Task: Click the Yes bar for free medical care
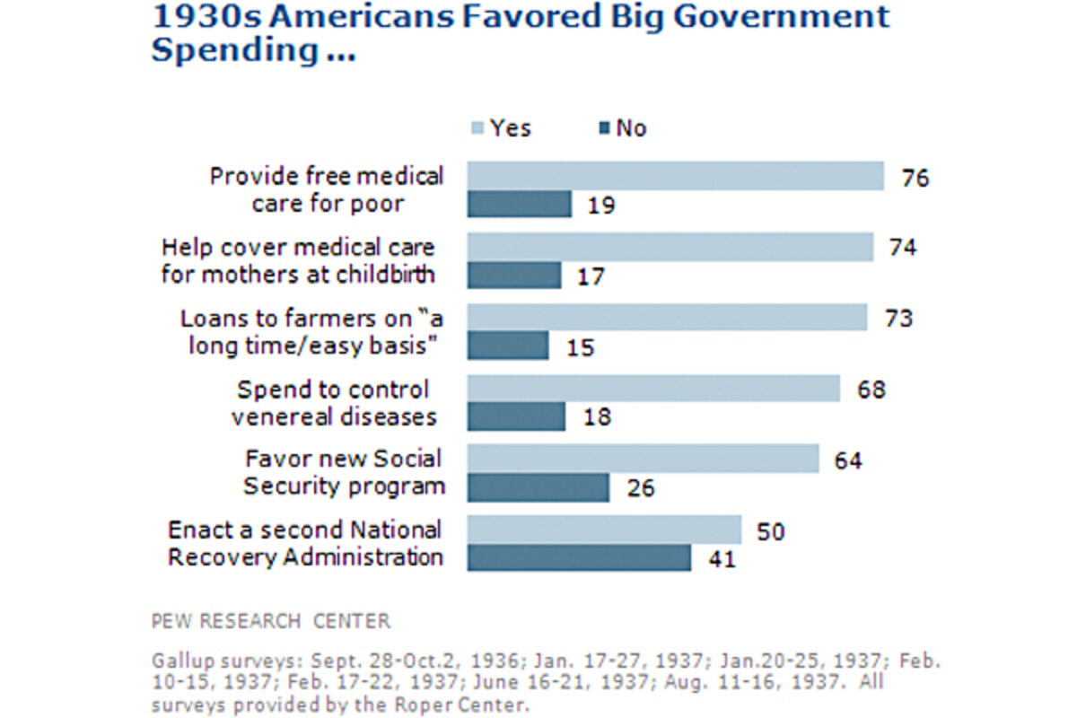point(675,176)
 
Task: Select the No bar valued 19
point(519,205)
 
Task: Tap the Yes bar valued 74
point(670,247)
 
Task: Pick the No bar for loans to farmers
point(508,346)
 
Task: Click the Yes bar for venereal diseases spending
point(653,389)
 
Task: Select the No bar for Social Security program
point(538,487)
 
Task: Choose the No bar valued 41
point(579,558)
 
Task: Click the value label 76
point(915,177)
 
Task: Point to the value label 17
point(591,276)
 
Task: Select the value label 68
point(871,390)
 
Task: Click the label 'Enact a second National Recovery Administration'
point(305,543)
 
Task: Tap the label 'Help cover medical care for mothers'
point(298,260)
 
